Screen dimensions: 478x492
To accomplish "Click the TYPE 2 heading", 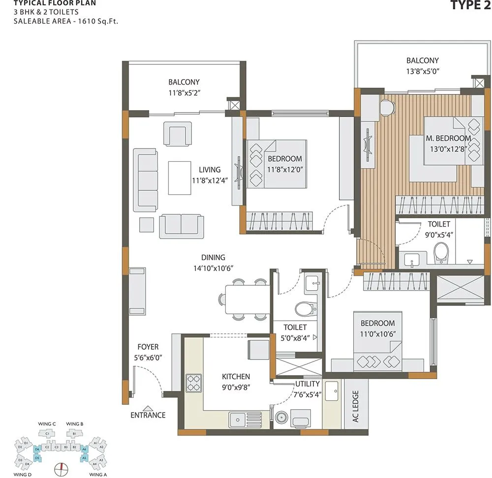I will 470,5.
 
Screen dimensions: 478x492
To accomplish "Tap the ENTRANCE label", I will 148,415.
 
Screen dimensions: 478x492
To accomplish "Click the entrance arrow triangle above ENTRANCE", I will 148,407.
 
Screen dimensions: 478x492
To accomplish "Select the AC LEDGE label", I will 355,407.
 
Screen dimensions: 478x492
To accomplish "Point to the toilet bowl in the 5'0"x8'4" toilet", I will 306,309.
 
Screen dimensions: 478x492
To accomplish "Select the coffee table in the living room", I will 180,178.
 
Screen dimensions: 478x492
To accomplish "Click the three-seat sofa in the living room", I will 146,180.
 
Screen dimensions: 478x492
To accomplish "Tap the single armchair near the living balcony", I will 178,134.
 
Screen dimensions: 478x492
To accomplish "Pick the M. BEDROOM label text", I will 448,138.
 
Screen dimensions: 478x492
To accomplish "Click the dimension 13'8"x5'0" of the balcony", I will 422,71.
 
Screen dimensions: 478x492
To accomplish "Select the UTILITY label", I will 307,384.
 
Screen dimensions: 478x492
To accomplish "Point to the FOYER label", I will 148,347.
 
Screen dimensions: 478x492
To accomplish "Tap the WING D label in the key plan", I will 23,475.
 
